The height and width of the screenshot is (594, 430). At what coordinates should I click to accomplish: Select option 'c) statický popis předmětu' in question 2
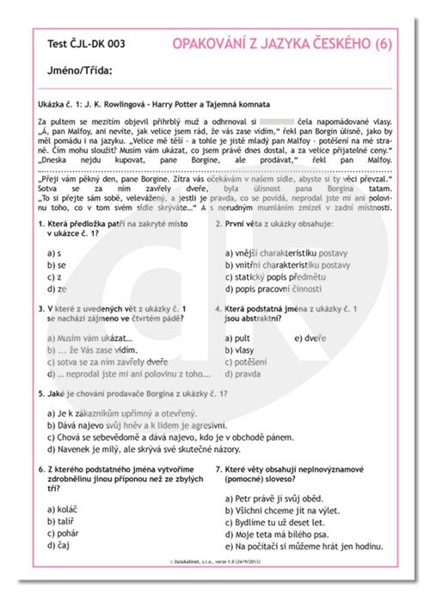click(x=275, y=277)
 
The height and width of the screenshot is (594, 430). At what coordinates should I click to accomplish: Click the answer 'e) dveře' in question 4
click(x=310, y=337)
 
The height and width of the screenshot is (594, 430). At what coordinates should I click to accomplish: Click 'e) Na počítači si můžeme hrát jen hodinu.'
click(x=304, y=546)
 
